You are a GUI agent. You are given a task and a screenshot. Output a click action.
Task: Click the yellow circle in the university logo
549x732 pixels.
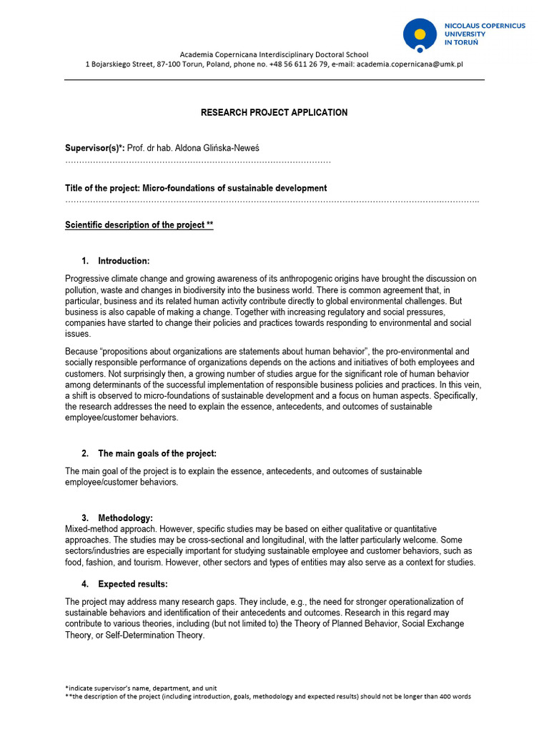tap(420, 34)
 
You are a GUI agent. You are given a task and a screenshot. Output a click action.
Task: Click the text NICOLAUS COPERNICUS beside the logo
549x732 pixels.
tap(485, 26)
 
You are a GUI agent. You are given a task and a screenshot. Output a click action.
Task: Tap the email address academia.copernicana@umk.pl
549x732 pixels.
tap(410, 64)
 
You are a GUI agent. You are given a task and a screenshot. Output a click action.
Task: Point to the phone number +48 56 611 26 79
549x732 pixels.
tap(289, 64)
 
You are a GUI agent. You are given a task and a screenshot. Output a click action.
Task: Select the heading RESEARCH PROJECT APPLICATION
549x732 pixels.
tap(274, 113)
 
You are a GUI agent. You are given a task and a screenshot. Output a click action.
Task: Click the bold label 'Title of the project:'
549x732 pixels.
tap(103, 189)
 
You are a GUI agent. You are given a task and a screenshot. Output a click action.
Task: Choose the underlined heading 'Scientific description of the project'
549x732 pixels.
tap(139, 225)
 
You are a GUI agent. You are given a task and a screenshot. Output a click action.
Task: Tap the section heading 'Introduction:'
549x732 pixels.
tap(124, 261)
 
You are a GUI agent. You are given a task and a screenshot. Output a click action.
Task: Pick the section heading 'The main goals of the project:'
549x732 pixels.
tap(157, 454)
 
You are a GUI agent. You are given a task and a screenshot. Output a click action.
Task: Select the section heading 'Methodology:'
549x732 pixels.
tap(125, 518)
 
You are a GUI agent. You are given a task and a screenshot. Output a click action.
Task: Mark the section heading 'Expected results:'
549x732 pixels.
tap(133, 584)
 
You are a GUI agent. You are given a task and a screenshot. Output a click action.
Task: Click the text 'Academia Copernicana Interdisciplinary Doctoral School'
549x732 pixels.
tap(274, 54)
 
